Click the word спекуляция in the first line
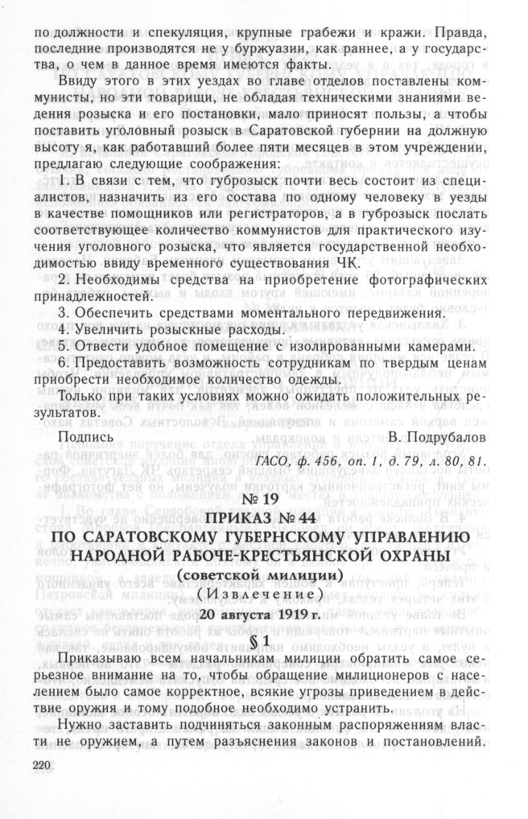tap(187, 35)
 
